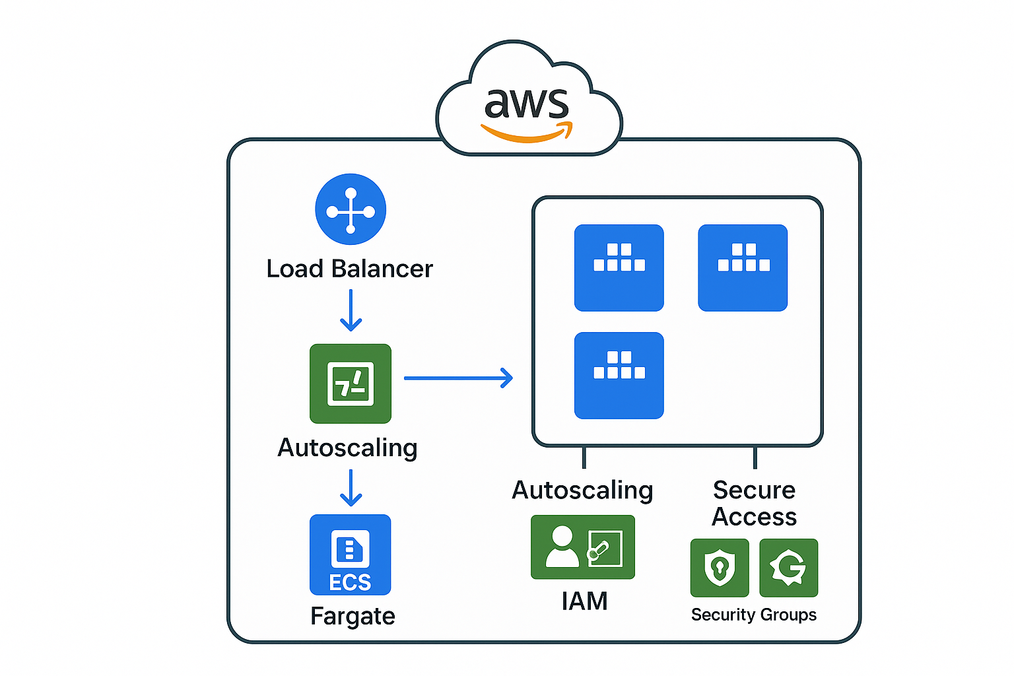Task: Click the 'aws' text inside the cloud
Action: point(526,104)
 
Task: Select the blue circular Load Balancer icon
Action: point(351,209)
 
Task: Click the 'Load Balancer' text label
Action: point(349,269)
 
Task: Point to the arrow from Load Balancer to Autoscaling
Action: point(351,310)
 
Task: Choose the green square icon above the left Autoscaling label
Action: point(351,384)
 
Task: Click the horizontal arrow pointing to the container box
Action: point(458,378)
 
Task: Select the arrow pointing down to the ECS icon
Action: point(351,488)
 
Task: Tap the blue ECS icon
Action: point(351,555)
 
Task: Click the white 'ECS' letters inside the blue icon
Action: point(350,583)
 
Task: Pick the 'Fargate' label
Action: point(353,616)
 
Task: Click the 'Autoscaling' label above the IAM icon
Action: point(582,490)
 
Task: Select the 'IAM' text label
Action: point(584,601)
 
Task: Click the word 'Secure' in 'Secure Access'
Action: point(754,490)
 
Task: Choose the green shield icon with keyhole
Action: point(720,568)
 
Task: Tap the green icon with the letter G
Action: point(788,568)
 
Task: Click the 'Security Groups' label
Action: point(753,615)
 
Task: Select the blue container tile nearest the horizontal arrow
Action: point(619,375)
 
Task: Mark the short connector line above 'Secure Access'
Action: point(755,457)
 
